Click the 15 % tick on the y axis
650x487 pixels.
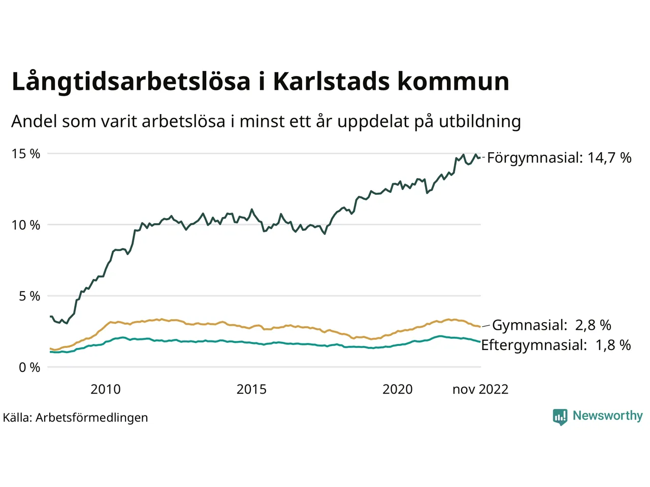pyautogui.click(x=25, y=154)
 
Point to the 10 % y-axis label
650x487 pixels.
pyautogui.click(x=25, y=225)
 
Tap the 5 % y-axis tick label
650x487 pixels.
pyautogui.click(x=29, y=296)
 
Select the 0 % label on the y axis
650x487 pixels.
pyautogui.click(x=29, y=367)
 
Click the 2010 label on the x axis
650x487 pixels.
pyautogui.click(x=106, y=389)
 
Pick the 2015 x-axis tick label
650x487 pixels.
pyautogui.click(x=251, y=389)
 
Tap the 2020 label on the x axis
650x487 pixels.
pyautogui.click(x=397, y=389)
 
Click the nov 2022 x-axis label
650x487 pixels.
pyautogui.click(x=480, y=389)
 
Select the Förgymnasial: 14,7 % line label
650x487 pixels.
pyautogui.click(x=559, y=158)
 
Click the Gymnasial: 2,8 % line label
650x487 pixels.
pyautogui.click(x=551, y=325)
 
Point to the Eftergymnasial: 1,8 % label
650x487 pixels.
pyautogui.click(x=556, y=345)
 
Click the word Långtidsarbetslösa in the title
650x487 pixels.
pyautogui.click(x=131, y=82)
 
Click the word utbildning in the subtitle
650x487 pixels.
pyautogui.click(x=480, y=122)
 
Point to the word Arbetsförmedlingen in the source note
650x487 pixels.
pyautogui.click(x=92, y=418)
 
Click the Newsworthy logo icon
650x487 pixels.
pyautogui.click(x=560, y=417)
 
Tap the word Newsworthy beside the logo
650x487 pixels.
pyautogui.click(x=607, y=416)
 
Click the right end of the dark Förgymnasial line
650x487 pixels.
pyautogui.click(x=480, y=158)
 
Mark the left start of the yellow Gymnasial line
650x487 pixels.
pyautogui.click(x=51, y=349)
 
